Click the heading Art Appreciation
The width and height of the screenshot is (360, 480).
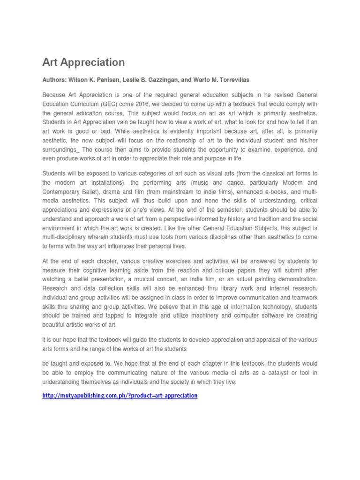[x=83, y=62]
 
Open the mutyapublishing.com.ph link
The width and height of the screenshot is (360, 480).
[x=120, y=396]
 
